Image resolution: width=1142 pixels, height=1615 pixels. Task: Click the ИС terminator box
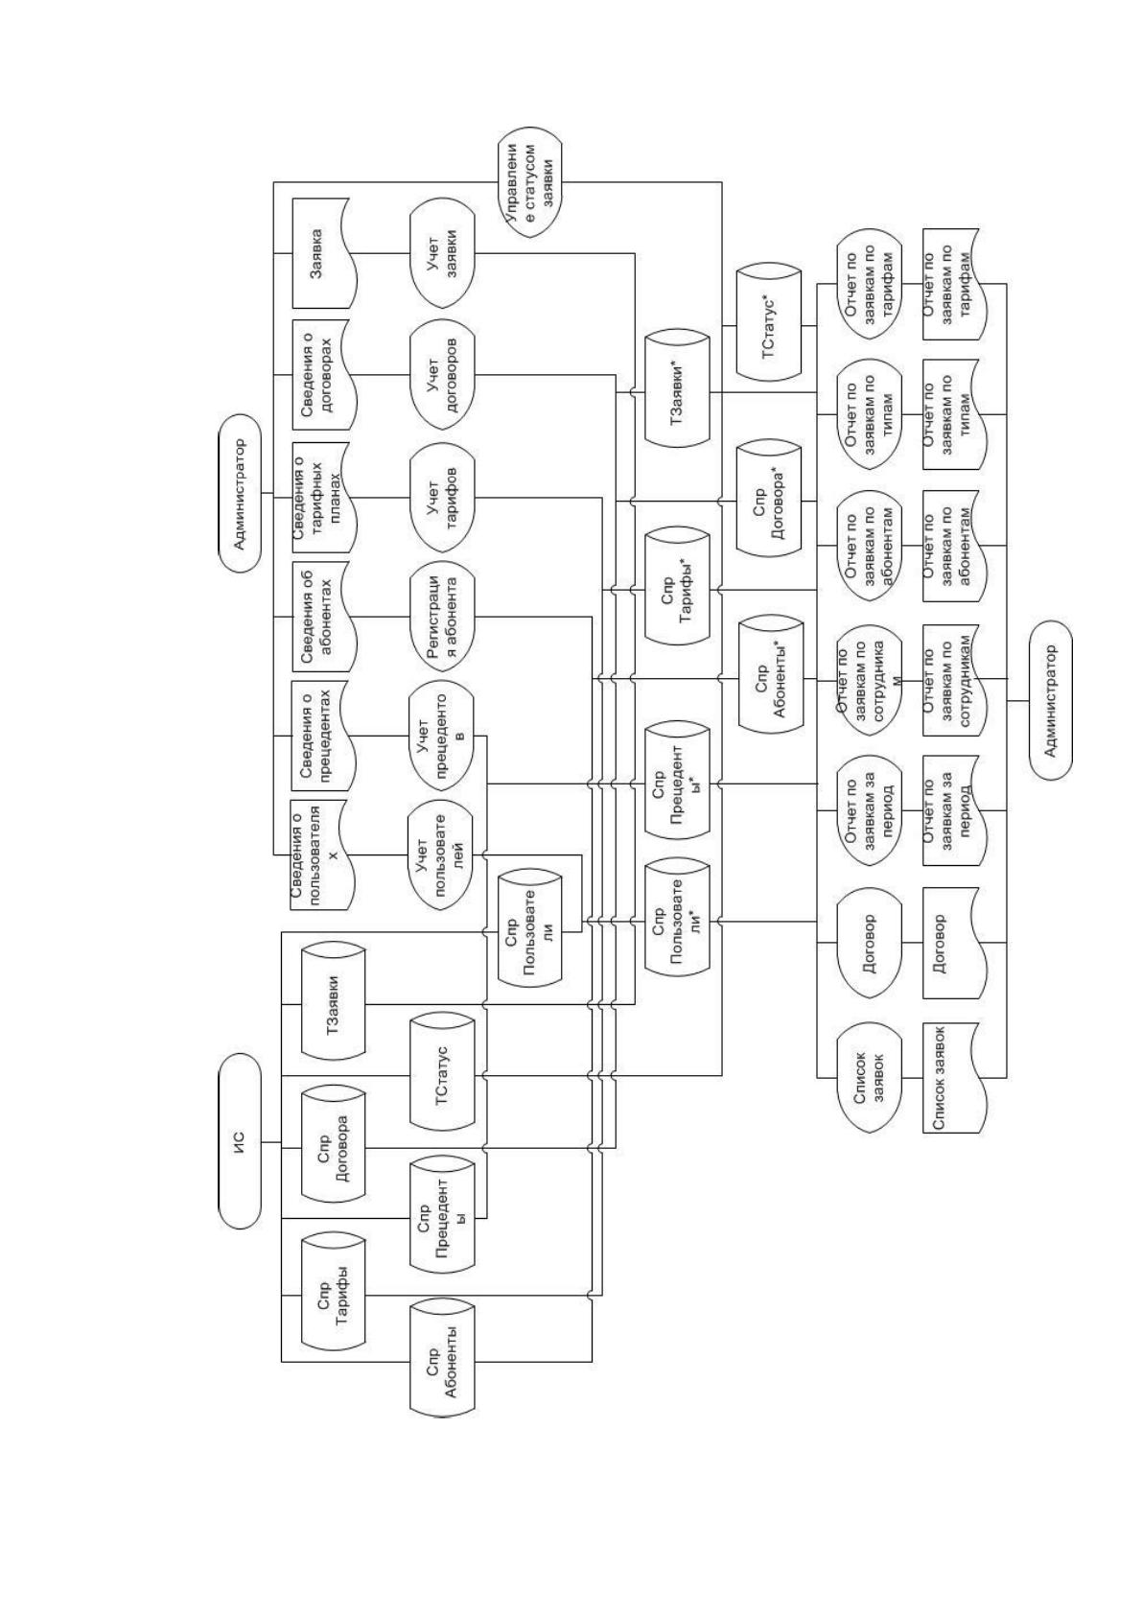240,1141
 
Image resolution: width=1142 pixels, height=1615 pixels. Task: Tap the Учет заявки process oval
442,253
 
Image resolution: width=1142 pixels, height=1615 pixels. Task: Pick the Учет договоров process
442,374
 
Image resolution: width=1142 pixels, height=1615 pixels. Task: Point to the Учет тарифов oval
442,496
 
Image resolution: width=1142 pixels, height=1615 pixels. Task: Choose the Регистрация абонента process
442,618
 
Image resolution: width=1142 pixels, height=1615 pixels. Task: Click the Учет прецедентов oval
442,737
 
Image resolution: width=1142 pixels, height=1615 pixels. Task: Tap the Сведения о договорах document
323,374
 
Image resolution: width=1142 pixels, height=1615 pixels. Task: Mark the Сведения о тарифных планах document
323,496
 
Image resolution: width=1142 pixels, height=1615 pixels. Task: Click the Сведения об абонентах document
323,618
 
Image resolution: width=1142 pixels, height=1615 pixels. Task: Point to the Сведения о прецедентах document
323,736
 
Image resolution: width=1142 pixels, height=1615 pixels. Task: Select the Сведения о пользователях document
320,855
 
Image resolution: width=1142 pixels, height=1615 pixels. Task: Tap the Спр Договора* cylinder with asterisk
769,501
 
